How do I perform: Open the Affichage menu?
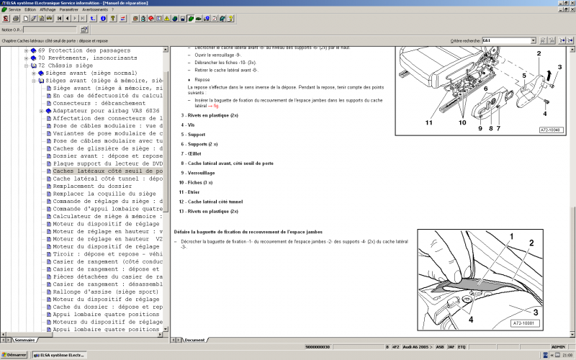click(x=48, y=9)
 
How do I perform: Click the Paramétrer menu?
click(x=69, y=9)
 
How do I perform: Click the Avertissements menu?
click(x=99, y=9)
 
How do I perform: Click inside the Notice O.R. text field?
click(x=51, y=30)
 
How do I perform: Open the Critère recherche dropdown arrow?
click(x=533, y=41)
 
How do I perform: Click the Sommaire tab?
click(x=24, y=339)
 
